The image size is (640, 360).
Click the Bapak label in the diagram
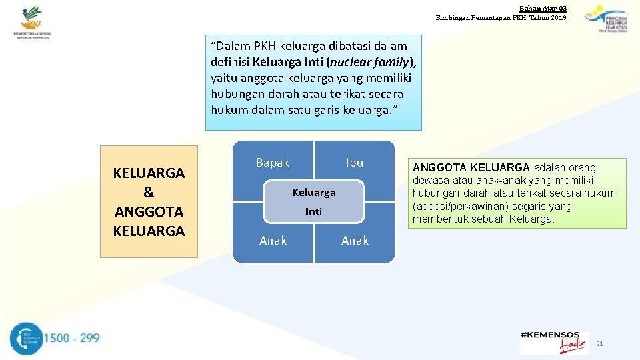pos(273,163)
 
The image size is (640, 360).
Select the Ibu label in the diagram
pos(354,163)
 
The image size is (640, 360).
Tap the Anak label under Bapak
pos(273,241)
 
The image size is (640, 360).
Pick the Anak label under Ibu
pos(354,241)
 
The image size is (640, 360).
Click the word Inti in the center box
pos(313,212)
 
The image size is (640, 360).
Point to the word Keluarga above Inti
pos(313,193)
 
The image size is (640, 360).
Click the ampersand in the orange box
pos(149,193)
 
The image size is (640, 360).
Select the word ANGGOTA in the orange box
pos(149,212)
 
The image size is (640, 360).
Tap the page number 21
pos(599,343)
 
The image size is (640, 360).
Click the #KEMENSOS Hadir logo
pos(554,342)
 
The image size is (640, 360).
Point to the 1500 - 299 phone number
pos(71,338)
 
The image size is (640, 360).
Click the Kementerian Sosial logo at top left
pos(32,23)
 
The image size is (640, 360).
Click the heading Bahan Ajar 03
pos(543,7)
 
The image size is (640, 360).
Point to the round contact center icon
pos(25,339)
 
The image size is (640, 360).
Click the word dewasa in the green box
pos(431,181)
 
